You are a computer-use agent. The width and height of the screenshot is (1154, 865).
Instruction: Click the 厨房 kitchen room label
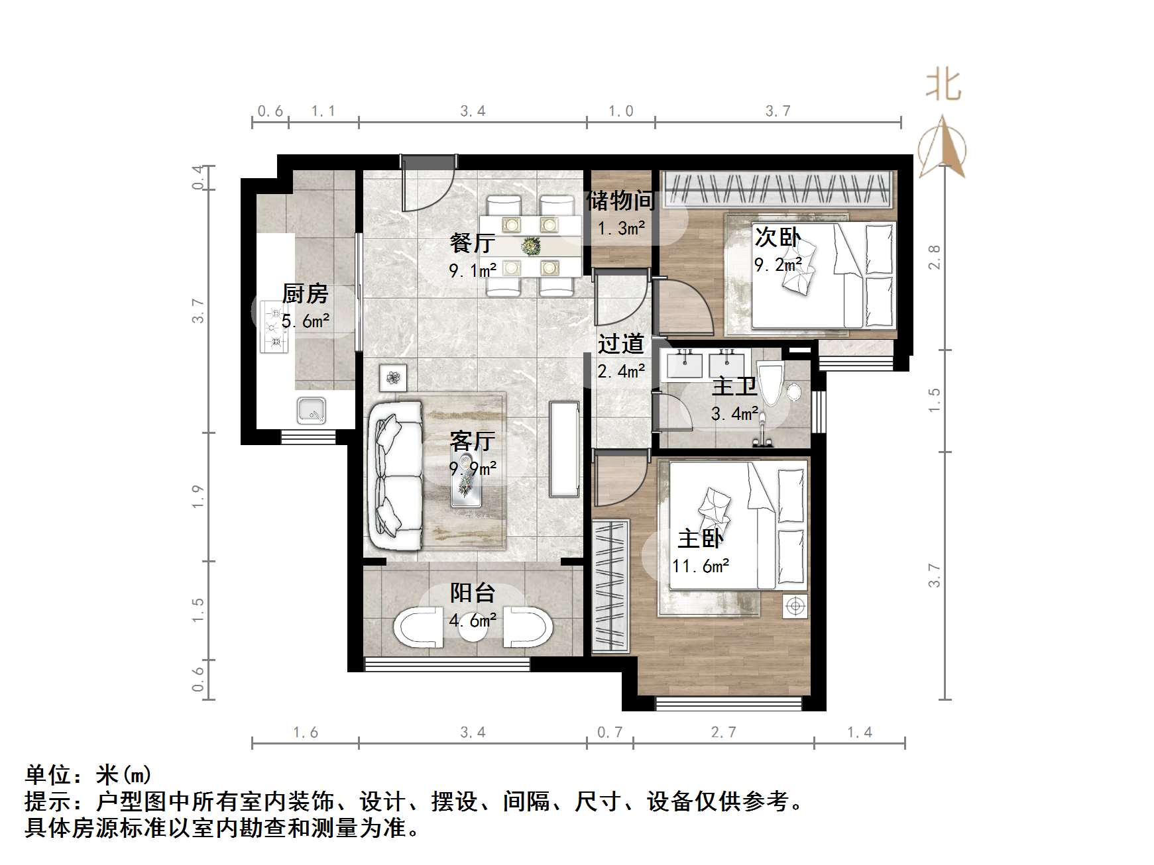(x=305, y=293)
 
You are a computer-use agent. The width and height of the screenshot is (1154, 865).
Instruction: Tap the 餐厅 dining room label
(x=472, y=243)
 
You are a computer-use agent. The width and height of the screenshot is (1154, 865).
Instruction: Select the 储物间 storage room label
(x=620, y=200)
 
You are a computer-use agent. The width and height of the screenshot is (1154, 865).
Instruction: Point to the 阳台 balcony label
(x=473, y=593)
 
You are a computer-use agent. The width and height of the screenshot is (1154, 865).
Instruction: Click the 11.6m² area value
(x=701, y=566)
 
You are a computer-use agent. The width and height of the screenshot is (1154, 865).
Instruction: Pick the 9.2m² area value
(x=778, y=265)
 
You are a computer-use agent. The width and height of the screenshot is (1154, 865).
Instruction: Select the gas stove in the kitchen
(x=274, y=327)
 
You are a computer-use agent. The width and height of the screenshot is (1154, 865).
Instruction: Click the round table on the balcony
(x=473, y=628)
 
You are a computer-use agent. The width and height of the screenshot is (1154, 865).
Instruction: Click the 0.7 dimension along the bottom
(x=610, y=732)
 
